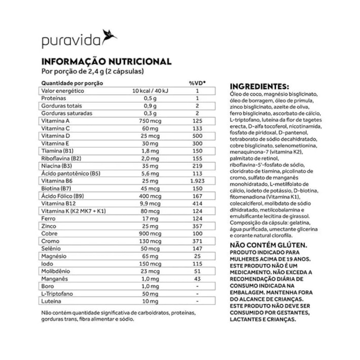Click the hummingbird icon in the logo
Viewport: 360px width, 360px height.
[109, 36]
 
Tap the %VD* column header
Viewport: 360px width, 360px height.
[197, 82]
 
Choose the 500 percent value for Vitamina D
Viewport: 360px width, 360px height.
[197, 136]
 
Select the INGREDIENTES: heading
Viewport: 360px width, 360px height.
[259, 86]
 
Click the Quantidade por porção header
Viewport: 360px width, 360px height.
[72, 82]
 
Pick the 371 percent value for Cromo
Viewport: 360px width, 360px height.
[197, 241]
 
